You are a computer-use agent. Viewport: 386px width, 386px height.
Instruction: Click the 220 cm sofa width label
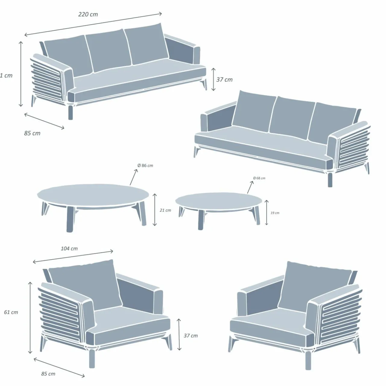pyautogui.click(x=88, y=14)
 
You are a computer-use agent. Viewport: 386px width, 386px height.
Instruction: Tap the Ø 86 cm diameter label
pyautogui.click(x=145, y=166)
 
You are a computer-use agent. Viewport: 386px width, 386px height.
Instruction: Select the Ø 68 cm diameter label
pyautogui.click(x=259, y=178)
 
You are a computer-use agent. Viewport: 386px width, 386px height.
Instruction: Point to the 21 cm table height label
pyautogui.click(x=165, y=210)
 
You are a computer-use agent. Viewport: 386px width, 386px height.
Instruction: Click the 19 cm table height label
pyautogui.click(x=275, y=213)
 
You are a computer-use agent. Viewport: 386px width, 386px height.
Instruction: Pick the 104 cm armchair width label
pyautogui.click(x=69, y=248)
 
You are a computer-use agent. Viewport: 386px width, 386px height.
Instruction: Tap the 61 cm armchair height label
pyautogui.click(x=11, y=312)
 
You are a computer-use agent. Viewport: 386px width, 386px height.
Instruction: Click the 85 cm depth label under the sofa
pyautogui.click(x=32, y=133)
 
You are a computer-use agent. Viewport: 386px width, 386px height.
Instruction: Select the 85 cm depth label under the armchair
pyautogui.click(x=48, y=374)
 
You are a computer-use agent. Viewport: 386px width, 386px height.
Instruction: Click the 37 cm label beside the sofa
pyautogui.click(x=224, y=80)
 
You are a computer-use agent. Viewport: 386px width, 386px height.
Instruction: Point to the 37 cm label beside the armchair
pyautogui.click(x=191, y=335)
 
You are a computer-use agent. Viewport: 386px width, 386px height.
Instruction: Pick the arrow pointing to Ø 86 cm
pyautogui.click(x=134, y=177)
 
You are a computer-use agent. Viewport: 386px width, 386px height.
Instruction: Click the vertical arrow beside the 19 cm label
pyautogui.click(x=267, y=213)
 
